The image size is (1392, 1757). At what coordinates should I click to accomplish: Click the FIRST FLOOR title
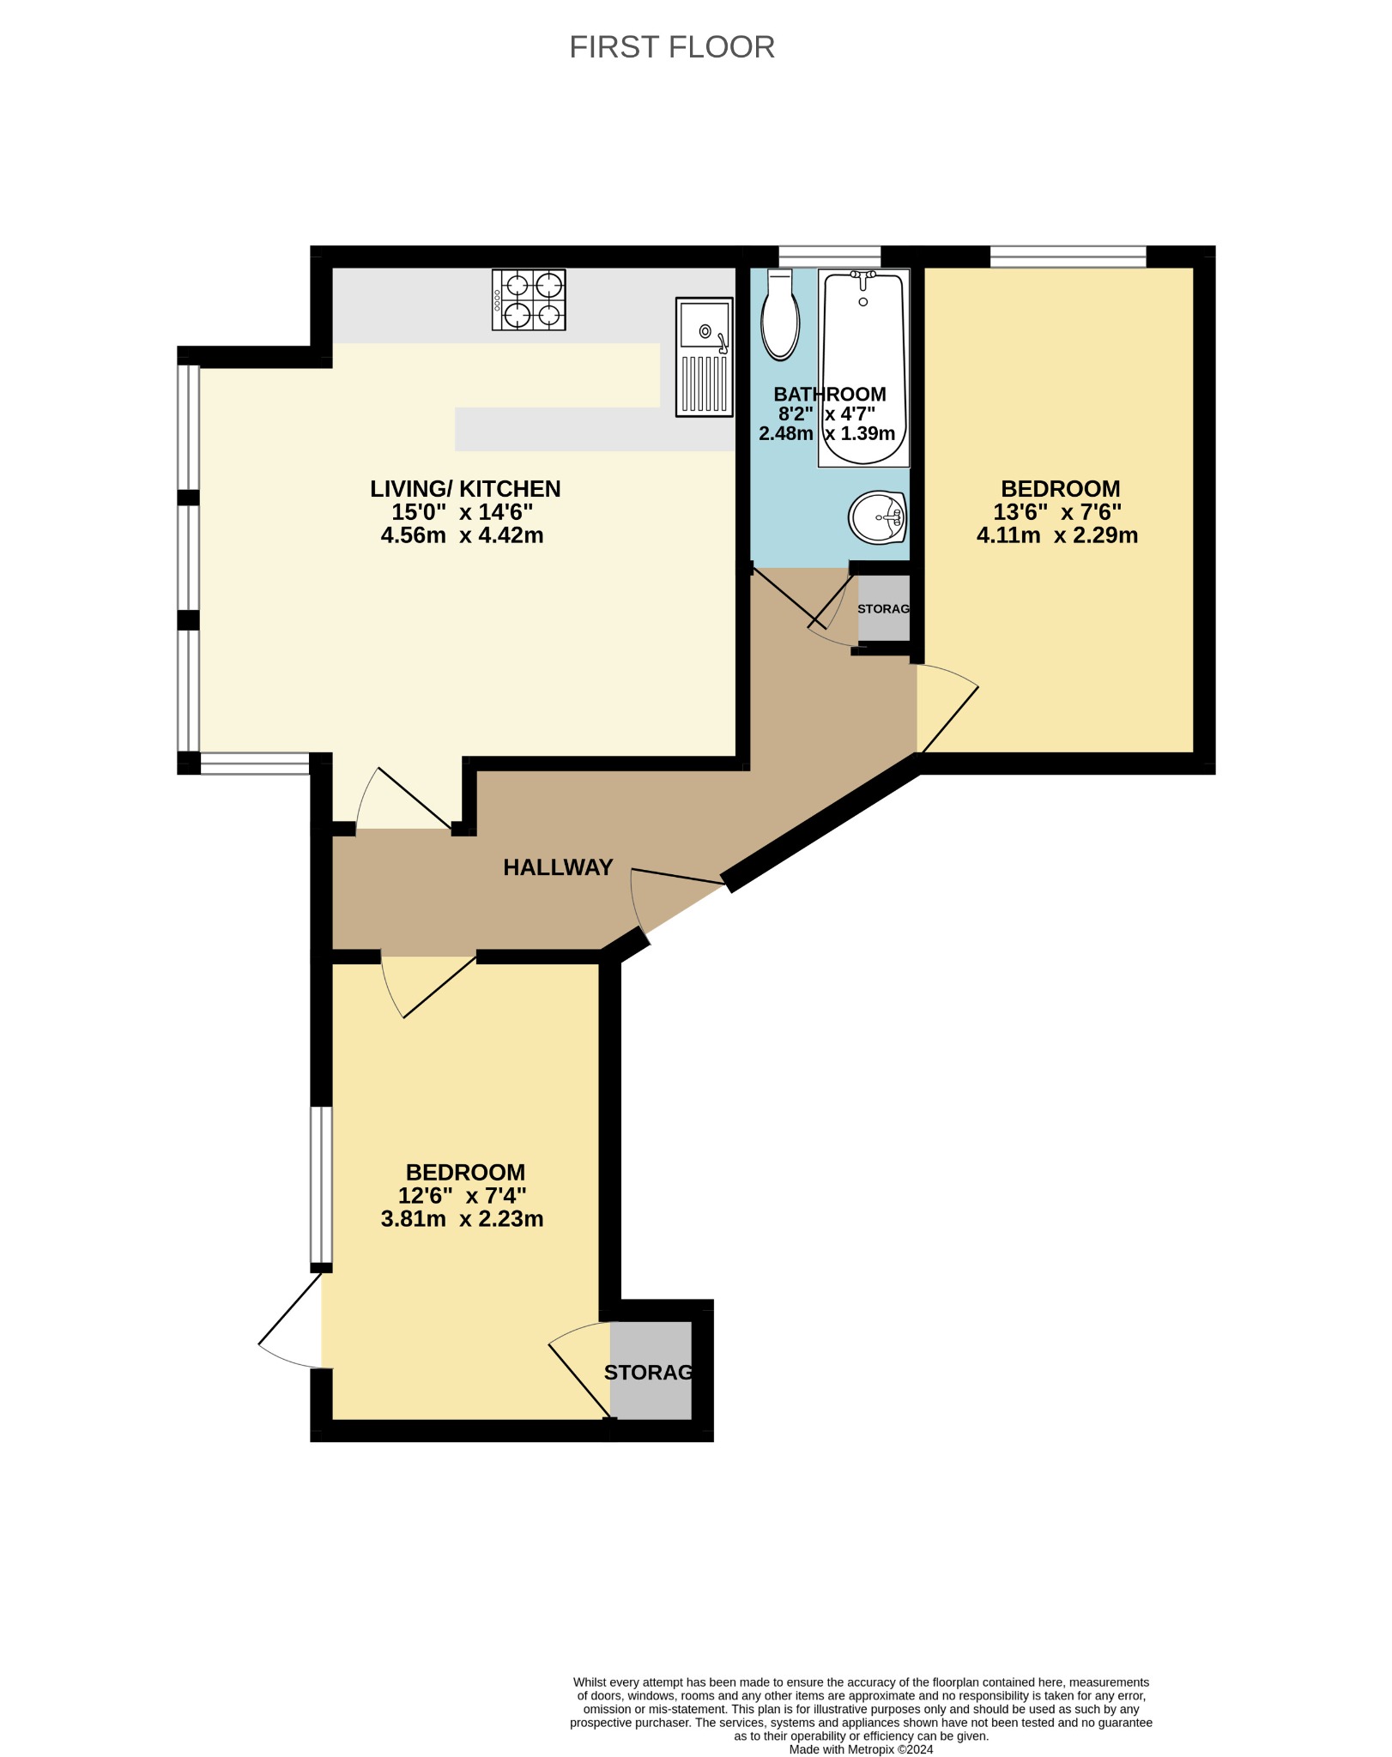click(672, 47)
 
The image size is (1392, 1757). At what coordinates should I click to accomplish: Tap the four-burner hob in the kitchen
click(529, 299)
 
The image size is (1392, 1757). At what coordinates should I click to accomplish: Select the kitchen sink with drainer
click(705, 357)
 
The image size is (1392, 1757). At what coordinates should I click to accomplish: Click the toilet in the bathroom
click(780, 314)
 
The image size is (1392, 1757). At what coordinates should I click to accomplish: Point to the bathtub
click(863, 368)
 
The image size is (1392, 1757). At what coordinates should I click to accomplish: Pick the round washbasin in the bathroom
click(877, 517)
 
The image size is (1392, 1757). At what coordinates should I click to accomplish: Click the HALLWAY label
click(558, 867)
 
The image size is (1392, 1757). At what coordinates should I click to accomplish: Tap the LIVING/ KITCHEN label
click(465, 489)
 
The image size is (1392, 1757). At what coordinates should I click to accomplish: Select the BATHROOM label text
click(830, 395)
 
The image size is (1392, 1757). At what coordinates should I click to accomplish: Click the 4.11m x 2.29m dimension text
click(1057, 535)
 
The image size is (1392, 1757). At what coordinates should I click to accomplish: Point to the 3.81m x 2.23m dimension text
click(462, 1219)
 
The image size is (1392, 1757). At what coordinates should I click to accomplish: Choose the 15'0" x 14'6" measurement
click(462, 512)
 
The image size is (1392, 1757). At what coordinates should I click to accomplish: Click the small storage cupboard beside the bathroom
click(883, 608)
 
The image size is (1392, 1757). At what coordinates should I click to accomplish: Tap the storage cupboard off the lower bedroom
click(651, 1370)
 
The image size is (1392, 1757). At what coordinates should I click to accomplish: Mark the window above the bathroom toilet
click(830, 257)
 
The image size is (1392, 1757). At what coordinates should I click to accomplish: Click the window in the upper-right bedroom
click(1068, 257)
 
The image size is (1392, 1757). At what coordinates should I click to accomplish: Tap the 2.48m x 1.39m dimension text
click(827, 434)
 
